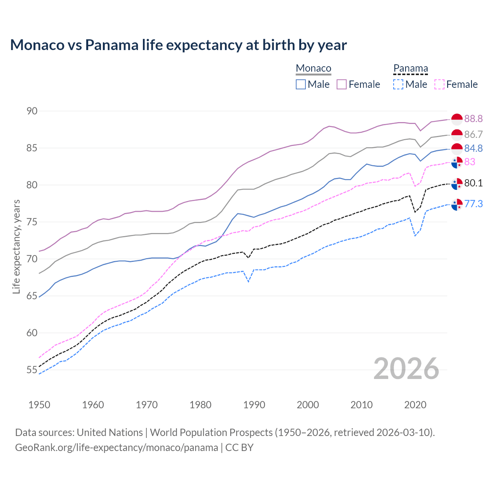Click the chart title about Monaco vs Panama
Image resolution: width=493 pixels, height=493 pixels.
pyautogui.click(x=178, y=45)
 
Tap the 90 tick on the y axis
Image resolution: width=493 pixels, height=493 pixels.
pyautogui.click(x=32, y=111)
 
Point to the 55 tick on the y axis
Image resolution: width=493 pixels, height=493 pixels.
pyautogui.click(x=32, y=370)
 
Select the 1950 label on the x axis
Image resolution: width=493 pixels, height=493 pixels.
pyautogui.click(x=39, y=405)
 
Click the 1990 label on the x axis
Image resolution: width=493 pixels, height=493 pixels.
pyautogui.click(x=254, y=405)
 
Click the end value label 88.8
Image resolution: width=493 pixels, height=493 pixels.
pyautogui.click(x=473, y=119)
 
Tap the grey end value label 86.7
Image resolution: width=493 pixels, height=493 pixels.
pyautogui.click(x=473, y=134)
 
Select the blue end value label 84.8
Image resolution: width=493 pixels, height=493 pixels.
pyautogui.click(x=473, y=148)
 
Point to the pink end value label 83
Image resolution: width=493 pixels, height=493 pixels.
pyautogui.click(x=470, y=162)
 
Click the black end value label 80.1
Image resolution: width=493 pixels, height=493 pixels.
pyautogui.click(x=473, y=183)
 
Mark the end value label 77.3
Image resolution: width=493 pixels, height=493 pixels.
pyautogui.click(x=473, y=204)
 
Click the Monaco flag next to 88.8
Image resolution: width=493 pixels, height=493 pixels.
pyautogui.click(x=457, y=120)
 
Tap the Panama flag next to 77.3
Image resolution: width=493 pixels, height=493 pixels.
pyautogui.click(x=457, y=205)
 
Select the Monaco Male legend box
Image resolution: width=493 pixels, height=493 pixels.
pyautogui.click(x=301, y=84)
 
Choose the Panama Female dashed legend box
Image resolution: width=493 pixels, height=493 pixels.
pyautogui.click(x=439, y=84)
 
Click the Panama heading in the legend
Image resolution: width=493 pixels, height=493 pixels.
pyautogui.click(x=411, y=69)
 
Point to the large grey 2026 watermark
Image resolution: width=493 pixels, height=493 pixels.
pyautogui.click(x=406, y=369)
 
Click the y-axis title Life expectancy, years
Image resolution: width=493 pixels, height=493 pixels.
pyautogui.click(x=16, y=246)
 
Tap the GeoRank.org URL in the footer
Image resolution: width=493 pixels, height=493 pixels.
pyautogui.click(x=116, y=448)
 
